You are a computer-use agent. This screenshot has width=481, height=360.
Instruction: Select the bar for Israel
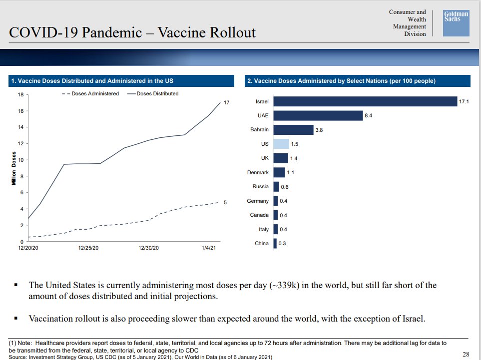coord(365,101)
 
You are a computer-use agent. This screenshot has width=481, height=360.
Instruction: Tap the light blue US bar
coord(281,144)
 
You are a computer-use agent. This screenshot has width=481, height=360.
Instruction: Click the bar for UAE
coord(318,115)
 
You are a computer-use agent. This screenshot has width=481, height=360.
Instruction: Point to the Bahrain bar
coord(293,130)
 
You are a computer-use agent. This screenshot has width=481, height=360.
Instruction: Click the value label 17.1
coord(465,101)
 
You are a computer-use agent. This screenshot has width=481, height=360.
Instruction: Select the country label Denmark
coord(258,172)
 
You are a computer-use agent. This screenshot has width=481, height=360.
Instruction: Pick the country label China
coord(262,244)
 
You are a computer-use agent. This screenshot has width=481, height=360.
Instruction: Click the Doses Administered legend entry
coord(90,93)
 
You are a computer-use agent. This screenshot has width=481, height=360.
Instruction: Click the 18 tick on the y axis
coord(20,94)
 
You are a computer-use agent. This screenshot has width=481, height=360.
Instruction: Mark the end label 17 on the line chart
coord(226,102)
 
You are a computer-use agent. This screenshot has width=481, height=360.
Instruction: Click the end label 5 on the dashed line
coord(225,202)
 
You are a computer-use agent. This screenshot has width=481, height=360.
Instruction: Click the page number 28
coord(466,355)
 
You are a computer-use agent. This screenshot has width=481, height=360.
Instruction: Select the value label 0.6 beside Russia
coord(285,187)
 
